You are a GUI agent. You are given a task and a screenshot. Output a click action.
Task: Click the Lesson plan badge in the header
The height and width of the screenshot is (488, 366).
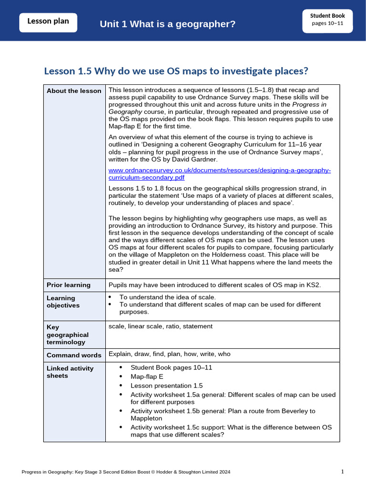[x=48, y=21]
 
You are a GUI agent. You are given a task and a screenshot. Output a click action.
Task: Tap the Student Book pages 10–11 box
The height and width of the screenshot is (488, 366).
[x=327, y=20]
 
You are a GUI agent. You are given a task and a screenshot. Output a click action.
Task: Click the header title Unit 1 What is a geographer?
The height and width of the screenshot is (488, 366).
[x=167, y=24]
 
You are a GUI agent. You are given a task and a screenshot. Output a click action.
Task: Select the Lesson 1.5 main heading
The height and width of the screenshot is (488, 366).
[x=176, y=71]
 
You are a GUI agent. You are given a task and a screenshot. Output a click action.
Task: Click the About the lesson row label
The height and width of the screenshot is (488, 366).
[x=74, y=91]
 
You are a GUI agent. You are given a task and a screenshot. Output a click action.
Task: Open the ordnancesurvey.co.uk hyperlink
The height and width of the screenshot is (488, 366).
[x=219, y=174]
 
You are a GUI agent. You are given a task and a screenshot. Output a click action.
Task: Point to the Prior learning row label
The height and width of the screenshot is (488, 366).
[x=68, y=285]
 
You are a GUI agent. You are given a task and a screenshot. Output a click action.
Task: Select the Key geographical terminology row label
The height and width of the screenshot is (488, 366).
[x=67, y=335]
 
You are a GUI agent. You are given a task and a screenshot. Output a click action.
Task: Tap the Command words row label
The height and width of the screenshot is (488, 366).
[x=74, y=355]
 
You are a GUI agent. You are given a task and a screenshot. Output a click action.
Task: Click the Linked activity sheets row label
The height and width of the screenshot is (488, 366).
[x=70, y=372]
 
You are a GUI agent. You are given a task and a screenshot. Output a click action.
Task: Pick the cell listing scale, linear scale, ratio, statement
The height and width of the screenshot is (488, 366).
[x=161, y=326]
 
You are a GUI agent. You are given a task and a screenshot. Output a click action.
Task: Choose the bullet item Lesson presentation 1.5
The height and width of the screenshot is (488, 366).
[x=166, y=386]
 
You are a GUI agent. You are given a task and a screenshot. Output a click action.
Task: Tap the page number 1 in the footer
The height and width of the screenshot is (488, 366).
[x=342, y=472]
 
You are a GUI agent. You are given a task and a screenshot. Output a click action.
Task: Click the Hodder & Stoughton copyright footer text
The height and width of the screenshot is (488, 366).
[x=126, y=472]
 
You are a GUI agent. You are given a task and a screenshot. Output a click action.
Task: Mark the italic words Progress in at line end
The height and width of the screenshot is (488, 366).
[x=312, y=104]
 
